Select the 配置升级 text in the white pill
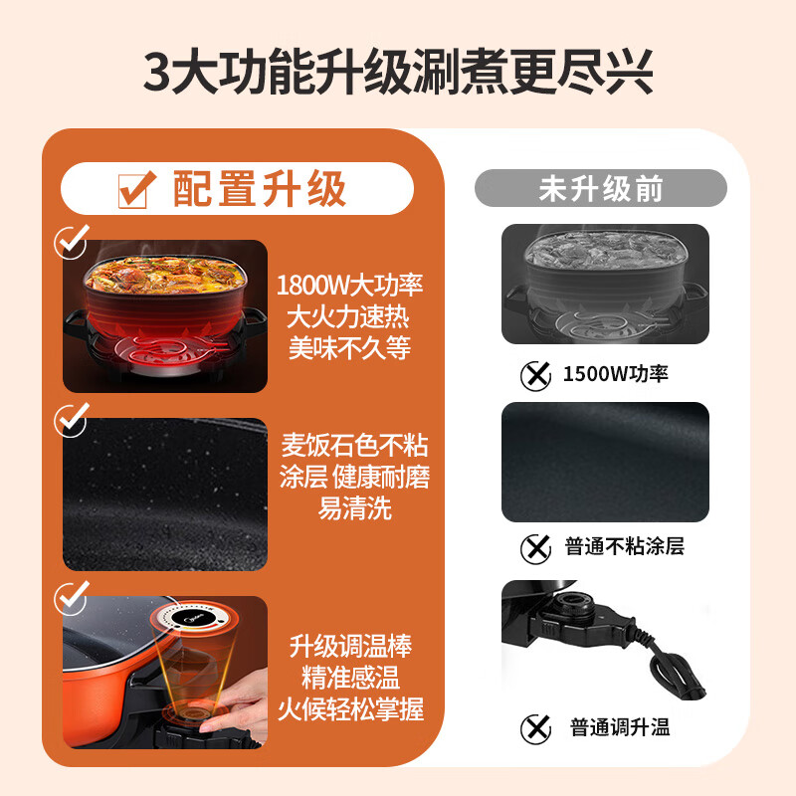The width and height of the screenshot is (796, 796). pos(259,188)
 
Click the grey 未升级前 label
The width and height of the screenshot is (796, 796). pos(600,188)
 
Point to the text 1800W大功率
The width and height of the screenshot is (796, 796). pos(349,286)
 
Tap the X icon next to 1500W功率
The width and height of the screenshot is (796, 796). pos(536,375)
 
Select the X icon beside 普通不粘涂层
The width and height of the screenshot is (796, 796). pos(536,546)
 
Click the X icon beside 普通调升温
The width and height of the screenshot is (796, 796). pos(536,727)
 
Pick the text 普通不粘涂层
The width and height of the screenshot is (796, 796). pos(624,546)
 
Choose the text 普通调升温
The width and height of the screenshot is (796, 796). pos(620,727)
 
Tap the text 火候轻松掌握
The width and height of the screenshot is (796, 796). pos(349,709)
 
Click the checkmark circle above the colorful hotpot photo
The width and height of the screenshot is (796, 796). pos(71,242)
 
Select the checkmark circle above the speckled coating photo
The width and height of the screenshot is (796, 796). pos(71,419)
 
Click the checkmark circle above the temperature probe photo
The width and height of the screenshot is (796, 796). pos(71,596)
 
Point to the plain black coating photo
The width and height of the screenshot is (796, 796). pos(605,462)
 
